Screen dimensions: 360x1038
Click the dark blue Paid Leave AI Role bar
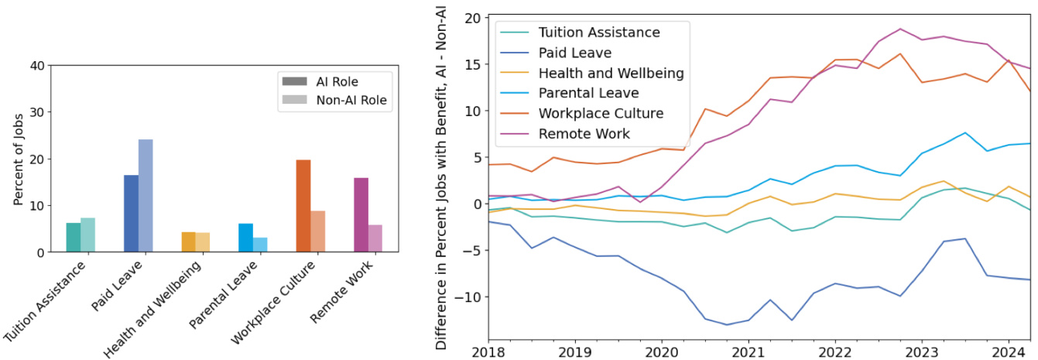point(131,214)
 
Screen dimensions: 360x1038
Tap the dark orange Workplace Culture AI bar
point(303,206)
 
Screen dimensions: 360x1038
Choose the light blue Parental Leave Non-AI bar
point(260,245)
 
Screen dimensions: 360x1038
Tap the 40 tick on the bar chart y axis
point(36,66)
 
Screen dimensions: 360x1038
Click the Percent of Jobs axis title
point(18,159)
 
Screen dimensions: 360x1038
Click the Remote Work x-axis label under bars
point(339,295)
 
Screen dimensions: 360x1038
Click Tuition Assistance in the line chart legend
point(609,33)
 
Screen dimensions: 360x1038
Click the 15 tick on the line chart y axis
point(473,64)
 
